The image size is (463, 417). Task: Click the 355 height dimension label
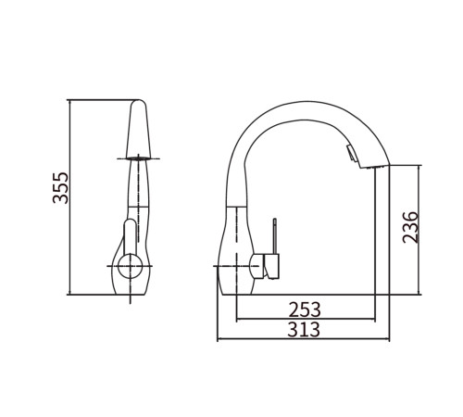click(x=60, y=188)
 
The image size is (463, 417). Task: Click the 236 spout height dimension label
click(x=411, y=227)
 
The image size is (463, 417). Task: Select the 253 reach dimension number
click(x=305, y=310)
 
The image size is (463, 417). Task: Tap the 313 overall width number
click(x=304, y=329)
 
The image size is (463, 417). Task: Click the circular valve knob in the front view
click(x=131, y=266)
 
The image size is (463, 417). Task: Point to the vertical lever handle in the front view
click(x=130, y=237)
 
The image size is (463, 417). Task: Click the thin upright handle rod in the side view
click(x=274, y=236)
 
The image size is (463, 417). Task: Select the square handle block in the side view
click(x=271, y=266)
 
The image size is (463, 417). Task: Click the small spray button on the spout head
click(x=352, y=153)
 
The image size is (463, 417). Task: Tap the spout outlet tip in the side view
click(x=375, y=167)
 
